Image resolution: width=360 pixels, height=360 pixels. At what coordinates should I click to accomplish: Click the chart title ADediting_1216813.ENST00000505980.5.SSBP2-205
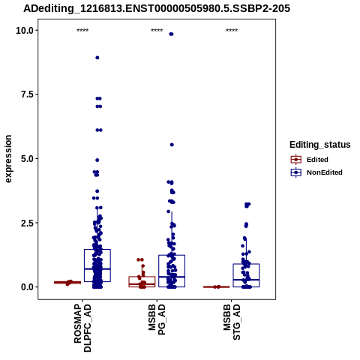(157, 8)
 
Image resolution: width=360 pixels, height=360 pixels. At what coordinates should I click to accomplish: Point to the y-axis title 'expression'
(8, 159)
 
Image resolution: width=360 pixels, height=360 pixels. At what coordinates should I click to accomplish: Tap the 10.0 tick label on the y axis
(25, 31)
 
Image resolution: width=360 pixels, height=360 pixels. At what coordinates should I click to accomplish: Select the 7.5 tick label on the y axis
(28, 94)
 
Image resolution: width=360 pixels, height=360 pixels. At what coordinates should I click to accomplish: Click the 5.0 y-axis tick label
(28, 159)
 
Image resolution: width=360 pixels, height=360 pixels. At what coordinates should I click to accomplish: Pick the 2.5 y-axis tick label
(28, 223)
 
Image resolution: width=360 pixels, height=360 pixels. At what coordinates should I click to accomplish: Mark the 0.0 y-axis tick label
(28, 287)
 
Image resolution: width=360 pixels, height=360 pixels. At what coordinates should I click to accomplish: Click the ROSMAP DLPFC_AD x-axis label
(82, 328)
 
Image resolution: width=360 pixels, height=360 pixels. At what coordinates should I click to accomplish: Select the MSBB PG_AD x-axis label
(157, 319)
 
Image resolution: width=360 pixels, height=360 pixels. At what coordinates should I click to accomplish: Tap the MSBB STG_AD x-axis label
(232, 322)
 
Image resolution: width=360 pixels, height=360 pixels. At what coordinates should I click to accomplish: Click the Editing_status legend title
(320, 145)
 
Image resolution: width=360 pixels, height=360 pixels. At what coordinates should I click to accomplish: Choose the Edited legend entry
(310, 160)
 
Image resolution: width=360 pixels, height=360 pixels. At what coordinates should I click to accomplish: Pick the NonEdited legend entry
(316, 172)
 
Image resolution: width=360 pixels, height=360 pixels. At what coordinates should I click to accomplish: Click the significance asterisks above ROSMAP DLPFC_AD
(82, 31)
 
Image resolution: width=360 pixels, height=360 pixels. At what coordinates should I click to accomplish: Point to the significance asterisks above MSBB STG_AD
(232, 31)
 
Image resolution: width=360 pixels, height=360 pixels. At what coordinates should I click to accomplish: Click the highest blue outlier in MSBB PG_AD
(171, 34)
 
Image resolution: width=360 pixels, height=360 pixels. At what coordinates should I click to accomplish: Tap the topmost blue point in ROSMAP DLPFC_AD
(97, 58)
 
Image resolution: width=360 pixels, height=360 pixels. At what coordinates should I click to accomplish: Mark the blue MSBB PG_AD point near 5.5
(172, 145)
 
